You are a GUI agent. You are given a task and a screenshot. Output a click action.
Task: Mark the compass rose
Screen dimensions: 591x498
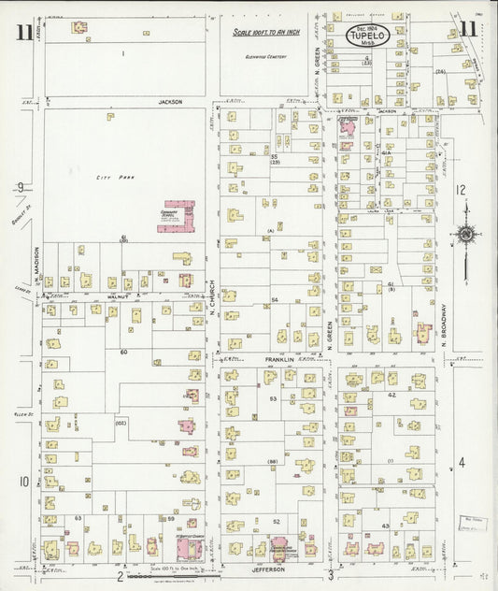click(x=464, y=234)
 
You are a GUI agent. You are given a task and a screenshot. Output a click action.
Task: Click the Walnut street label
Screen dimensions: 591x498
click(x=117, y=295)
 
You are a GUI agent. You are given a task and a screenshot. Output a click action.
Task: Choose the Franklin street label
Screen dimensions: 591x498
click(x=280, y=359)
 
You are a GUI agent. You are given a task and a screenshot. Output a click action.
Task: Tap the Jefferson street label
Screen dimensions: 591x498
click(x=266, y=568)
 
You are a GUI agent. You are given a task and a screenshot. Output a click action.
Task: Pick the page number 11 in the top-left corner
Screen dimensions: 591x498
click(x=22, y=33)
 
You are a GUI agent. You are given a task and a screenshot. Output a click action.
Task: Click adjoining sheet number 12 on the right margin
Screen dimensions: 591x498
click(x=460, y=189)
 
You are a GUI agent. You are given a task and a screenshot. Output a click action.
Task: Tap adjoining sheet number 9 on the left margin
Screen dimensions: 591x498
click(x=19, y=188)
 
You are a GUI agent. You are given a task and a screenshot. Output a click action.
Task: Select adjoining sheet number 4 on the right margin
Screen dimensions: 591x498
click(x=461, y=462)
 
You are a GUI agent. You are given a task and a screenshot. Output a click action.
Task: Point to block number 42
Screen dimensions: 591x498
click(x=392, y=396)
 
